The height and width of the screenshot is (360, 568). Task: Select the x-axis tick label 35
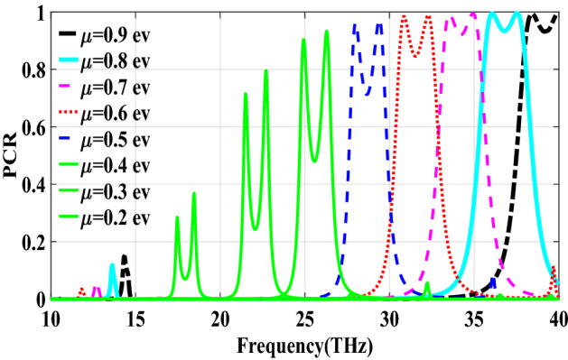click(x=474, y=318)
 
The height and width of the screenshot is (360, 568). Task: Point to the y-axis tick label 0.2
click(x=31, y=242)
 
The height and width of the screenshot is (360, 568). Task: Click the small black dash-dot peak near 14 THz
click(x=125, y=257)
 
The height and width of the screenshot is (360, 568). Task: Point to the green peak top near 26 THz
click(x=327, y=32)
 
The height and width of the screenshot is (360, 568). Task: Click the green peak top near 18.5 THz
click(x=193, y=194)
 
